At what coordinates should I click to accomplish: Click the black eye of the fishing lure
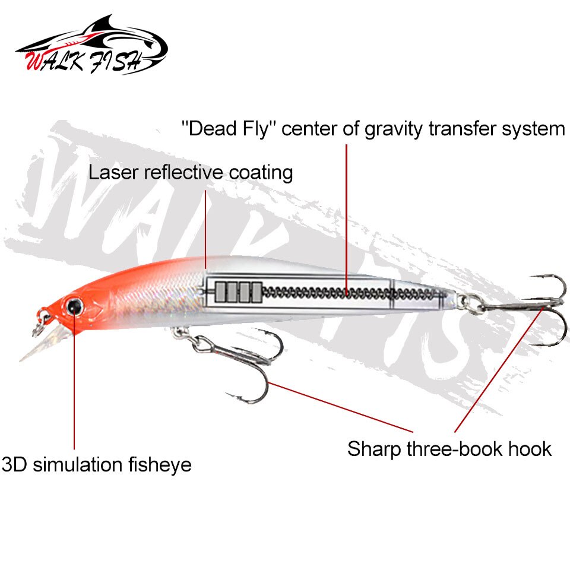point(74,306)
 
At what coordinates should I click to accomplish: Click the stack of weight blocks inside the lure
point(238,292)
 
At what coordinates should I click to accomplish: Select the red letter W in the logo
point(35,59)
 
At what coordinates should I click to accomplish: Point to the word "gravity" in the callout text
point(394,130)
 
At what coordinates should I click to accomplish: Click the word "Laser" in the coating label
point(114,172)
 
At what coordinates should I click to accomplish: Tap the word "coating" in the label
point(261,173)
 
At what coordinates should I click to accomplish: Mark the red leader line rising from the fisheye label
point(74,378)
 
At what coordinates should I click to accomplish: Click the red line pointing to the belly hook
point(340,407)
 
